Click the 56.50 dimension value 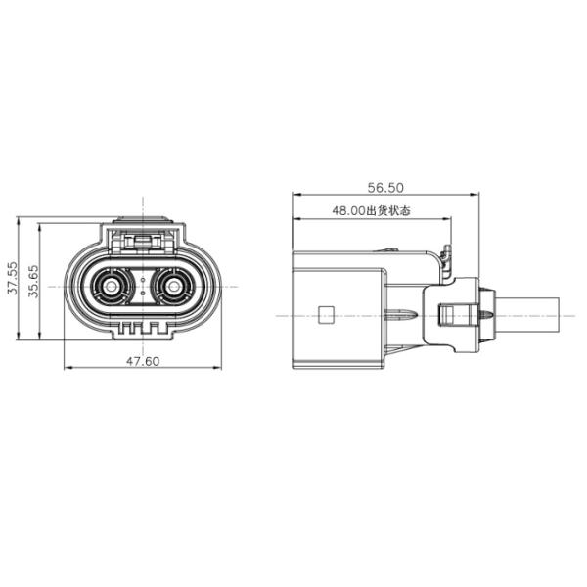(x=385, y=188)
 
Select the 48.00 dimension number (x=348, y=210)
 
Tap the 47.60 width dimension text (x=143, y=361)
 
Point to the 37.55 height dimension (x=12, y=278)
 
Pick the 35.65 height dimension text (x=33, y=281)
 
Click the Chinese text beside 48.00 (x=387, y=210)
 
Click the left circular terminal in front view (x=111, y=287)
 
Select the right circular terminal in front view (x=173, y=287)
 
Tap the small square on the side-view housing (x=326, y=314)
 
